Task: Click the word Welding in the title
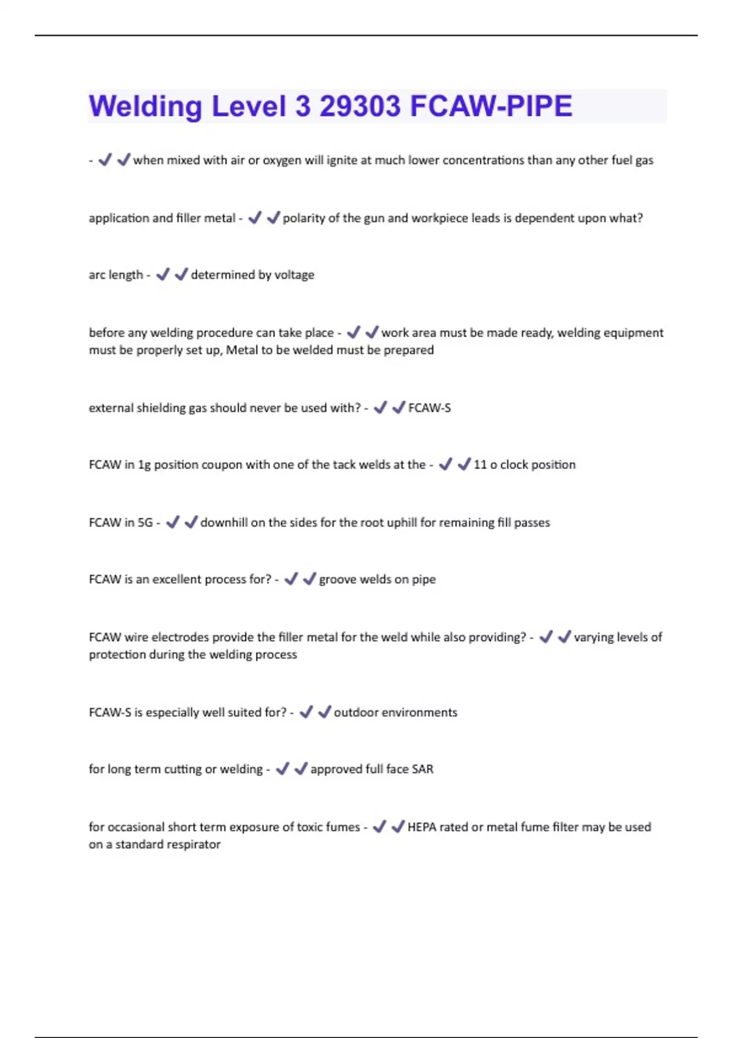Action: (145, 106)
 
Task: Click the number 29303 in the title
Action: (360, 106)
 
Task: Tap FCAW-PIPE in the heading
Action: (491, 106)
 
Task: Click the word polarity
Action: (304, 218)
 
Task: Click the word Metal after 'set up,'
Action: (243, 350)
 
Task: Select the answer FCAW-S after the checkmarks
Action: (429, 408)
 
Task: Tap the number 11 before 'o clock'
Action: (480, 465)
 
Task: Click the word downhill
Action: (225, 523)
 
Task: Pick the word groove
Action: (337, 579)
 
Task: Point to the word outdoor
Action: (356, 713)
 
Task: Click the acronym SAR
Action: (422, 769)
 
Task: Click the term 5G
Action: (145, 523)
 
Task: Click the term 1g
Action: (144, 465)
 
